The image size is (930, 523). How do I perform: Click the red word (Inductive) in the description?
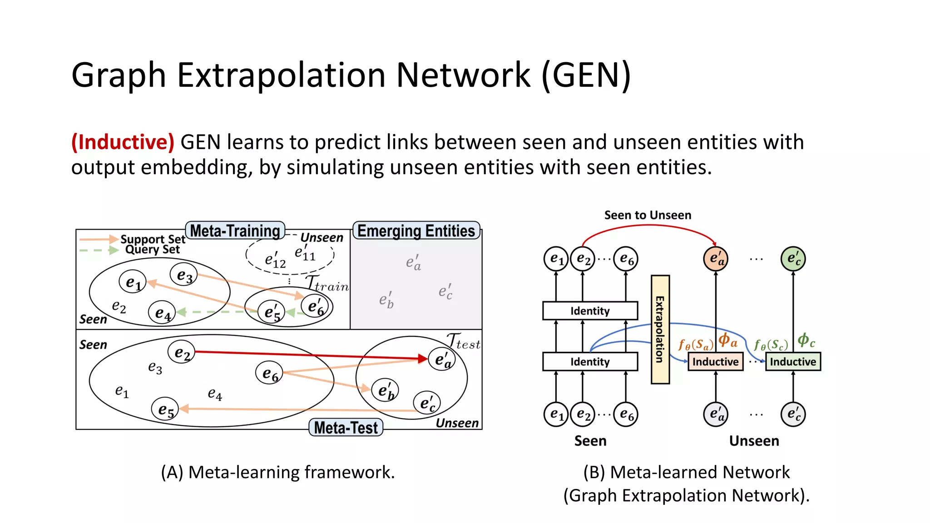123,142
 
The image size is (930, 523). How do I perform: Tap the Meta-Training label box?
235,231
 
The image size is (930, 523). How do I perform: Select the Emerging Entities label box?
416,231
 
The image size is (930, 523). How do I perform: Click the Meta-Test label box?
346,428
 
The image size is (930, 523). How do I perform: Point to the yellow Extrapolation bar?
660,329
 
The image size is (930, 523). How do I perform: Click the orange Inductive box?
715,362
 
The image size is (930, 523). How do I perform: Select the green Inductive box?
793,362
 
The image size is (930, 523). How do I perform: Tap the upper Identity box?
590,311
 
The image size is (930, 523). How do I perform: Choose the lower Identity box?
590,362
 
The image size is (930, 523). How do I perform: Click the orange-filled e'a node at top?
716,259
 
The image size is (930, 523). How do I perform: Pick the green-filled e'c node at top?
793,259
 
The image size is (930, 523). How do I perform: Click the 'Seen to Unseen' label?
648,215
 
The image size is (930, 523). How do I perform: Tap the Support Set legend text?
153,239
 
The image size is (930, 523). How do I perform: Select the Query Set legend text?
153,249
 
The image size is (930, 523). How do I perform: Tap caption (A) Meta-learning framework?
278,472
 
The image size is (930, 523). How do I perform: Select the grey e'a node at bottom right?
716,414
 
